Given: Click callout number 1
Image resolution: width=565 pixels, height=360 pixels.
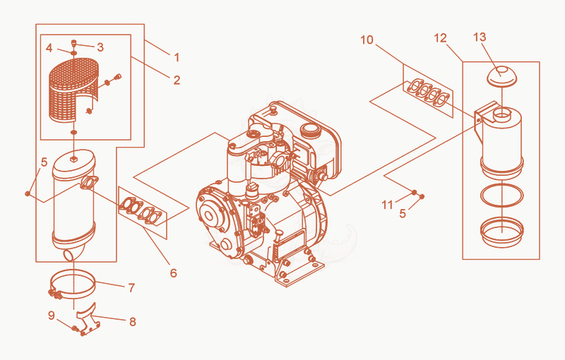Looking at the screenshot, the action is [177, 57].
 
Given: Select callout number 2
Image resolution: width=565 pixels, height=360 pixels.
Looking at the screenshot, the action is [177, 80].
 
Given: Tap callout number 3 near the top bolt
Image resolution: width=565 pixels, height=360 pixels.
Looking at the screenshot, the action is [100, 47].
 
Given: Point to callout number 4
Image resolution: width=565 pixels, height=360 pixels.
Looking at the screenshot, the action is [49, 47].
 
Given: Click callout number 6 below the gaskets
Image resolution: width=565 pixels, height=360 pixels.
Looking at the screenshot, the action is [173, 273].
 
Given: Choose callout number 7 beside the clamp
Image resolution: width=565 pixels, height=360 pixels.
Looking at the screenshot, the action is [131, 287].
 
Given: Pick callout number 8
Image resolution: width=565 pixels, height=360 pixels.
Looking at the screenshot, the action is [133, 321].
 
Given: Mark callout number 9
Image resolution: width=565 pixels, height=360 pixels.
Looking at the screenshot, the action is [52, 316].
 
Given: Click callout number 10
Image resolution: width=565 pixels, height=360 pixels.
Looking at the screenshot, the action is [367, 40].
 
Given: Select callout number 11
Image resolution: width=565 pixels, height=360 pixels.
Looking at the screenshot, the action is [387, 205].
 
